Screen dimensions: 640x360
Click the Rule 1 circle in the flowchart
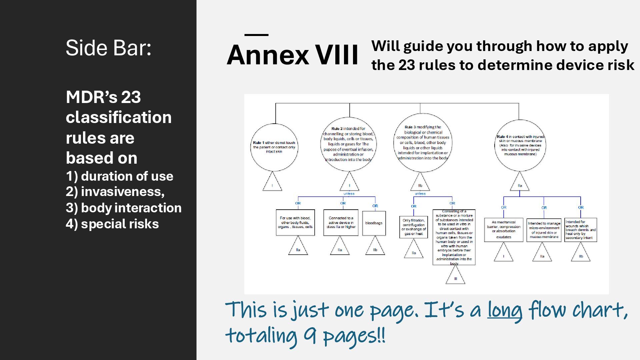pyautogui.click(x=274, y=147)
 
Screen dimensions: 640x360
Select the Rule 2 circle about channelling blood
pyautogui.click(x=349, y=144)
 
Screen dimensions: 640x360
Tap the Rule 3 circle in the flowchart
pyautogui.click(x=423, y=143)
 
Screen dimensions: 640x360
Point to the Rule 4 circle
pyautogui.click(x=520, y=145)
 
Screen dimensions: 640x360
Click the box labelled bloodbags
pyautogui.click(x=374, y=223)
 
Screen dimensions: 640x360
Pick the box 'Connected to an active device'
pyautogui.click(x=341, y=222)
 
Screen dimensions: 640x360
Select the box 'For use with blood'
pyautogui.click(x=295, y=222)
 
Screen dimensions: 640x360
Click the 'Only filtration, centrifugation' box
pyautogui.click(x=413, y=227)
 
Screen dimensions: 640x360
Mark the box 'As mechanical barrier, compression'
pyautogui.click(x=503, y=230)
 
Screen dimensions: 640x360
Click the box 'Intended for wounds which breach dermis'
pyautogui.click(x=580, y=230)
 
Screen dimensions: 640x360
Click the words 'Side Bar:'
pyautogui.click(x=109, y=48)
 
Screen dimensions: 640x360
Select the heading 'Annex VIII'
pyautogui.click(x=292, y=55)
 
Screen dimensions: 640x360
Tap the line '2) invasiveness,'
pyautogui.click(x=115, y=192)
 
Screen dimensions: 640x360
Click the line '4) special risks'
pyautogui.click(x=112, y=224)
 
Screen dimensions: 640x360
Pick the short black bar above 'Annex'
pyautogui.click(x=256, y=35)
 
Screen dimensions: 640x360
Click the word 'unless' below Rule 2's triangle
pyautogui.click(x=349, y=194)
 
